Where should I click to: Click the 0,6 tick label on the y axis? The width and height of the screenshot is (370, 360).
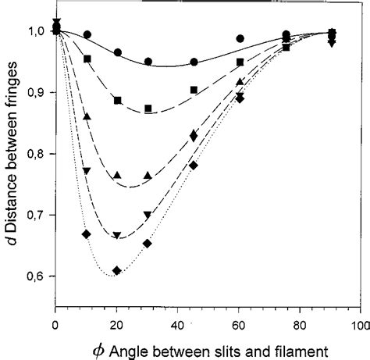(x=39, y=276)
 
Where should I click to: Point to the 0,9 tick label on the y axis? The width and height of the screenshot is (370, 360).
(x=39, y=93)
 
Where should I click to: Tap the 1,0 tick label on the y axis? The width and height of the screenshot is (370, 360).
(x=39, y=32)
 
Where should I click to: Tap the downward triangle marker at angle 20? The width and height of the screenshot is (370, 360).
(x=117, y=236)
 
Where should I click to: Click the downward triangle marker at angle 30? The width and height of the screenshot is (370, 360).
(x=148, y=215)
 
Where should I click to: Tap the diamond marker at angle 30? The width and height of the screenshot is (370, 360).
(x=148, y=244)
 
